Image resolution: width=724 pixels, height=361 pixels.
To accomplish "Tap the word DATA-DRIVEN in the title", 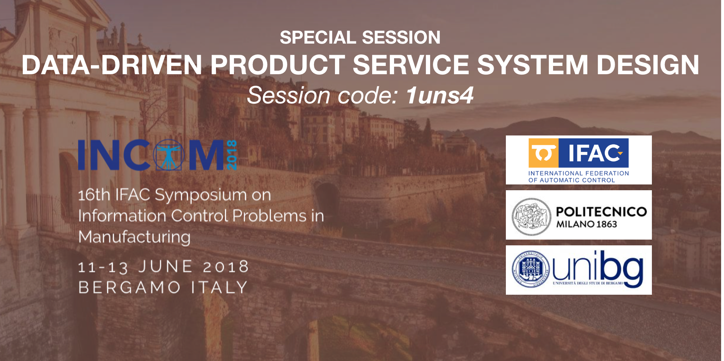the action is point(112,65).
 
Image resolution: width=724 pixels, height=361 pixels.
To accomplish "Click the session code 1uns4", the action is point(440,95).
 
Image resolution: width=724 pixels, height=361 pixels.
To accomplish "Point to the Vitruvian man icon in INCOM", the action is point(169,155).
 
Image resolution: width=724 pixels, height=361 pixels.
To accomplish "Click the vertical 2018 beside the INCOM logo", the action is point(231,155).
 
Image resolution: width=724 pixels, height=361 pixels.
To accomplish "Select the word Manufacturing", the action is point(134,237).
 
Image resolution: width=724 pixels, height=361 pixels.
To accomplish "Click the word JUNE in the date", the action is point(165,267).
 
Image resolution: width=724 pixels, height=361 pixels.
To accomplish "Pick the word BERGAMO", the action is point(129,288).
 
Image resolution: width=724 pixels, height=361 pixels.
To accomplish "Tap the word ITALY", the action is point(219,288).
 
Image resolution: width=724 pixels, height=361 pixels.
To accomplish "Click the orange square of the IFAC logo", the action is point(543,153).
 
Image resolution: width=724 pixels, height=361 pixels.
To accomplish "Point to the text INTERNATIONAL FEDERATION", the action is point(579,173).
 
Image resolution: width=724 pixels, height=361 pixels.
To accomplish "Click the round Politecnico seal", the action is point(531,217).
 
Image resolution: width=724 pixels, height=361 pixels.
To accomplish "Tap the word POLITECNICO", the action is point(602,211).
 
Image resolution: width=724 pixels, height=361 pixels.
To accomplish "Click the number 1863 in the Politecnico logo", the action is point(607,224).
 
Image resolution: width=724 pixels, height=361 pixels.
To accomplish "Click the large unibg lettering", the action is point(598,268).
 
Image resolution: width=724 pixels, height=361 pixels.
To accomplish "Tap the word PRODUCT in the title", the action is point(277,65).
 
